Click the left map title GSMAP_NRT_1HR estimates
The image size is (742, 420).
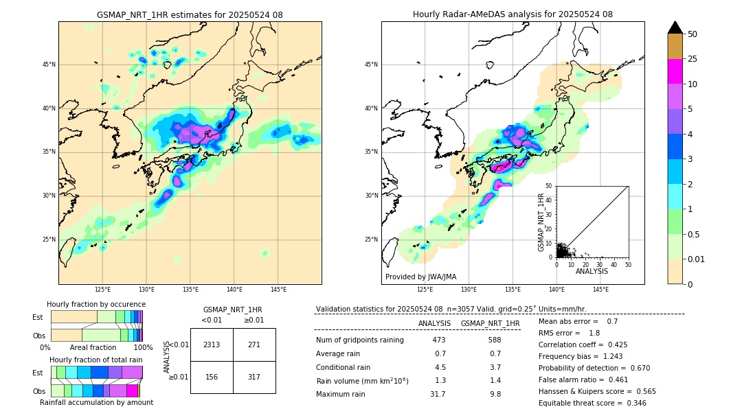point(190,14)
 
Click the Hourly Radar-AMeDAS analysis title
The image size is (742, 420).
point(513,14)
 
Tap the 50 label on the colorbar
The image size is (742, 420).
point(693,34)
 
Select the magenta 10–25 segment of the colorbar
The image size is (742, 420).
point(675,71)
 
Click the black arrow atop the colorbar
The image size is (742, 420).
point(675,27)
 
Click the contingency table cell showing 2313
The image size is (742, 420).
point(212,345)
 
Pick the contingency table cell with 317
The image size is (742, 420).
point(254,376)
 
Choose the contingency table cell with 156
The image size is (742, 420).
point(212,376)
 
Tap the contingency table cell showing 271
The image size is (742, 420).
point(254,345)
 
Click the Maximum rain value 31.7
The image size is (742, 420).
point(438,394)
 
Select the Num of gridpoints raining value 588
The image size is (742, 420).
point(494,340)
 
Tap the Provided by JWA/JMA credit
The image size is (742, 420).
point(420,277)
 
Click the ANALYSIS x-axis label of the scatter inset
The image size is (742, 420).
point(592,271)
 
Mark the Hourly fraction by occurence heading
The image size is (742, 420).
point(96,304)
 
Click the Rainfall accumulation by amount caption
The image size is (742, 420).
point(96,402)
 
